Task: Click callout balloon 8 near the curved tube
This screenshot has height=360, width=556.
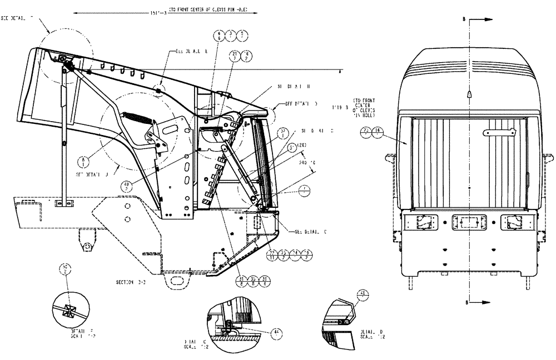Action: [x=83, y=162]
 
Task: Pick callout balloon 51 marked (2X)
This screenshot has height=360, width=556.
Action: [x=292, y=148]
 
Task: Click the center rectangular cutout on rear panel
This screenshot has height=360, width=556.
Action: [x=469, y=222]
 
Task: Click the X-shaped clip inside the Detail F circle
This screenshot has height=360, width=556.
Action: [x=70, y=310]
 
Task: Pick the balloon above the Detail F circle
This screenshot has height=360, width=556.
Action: [x=66, y=271]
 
